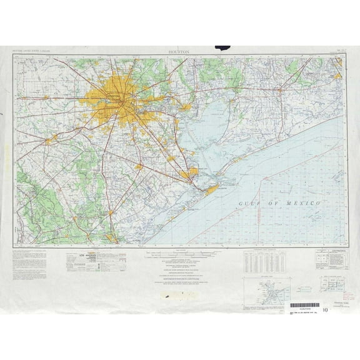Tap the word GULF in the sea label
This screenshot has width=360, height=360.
pos(251,204)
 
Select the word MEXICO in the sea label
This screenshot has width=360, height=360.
pos(303,204)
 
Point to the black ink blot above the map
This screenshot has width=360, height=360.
pos(222,47)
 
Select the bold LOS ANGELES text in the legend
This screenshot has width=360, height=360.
pos(79,256)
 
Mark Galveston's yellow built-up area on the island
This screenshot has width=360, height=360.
pos(212,187)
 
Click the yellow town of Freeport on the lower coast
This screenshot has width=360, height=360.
pos(111,237)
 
